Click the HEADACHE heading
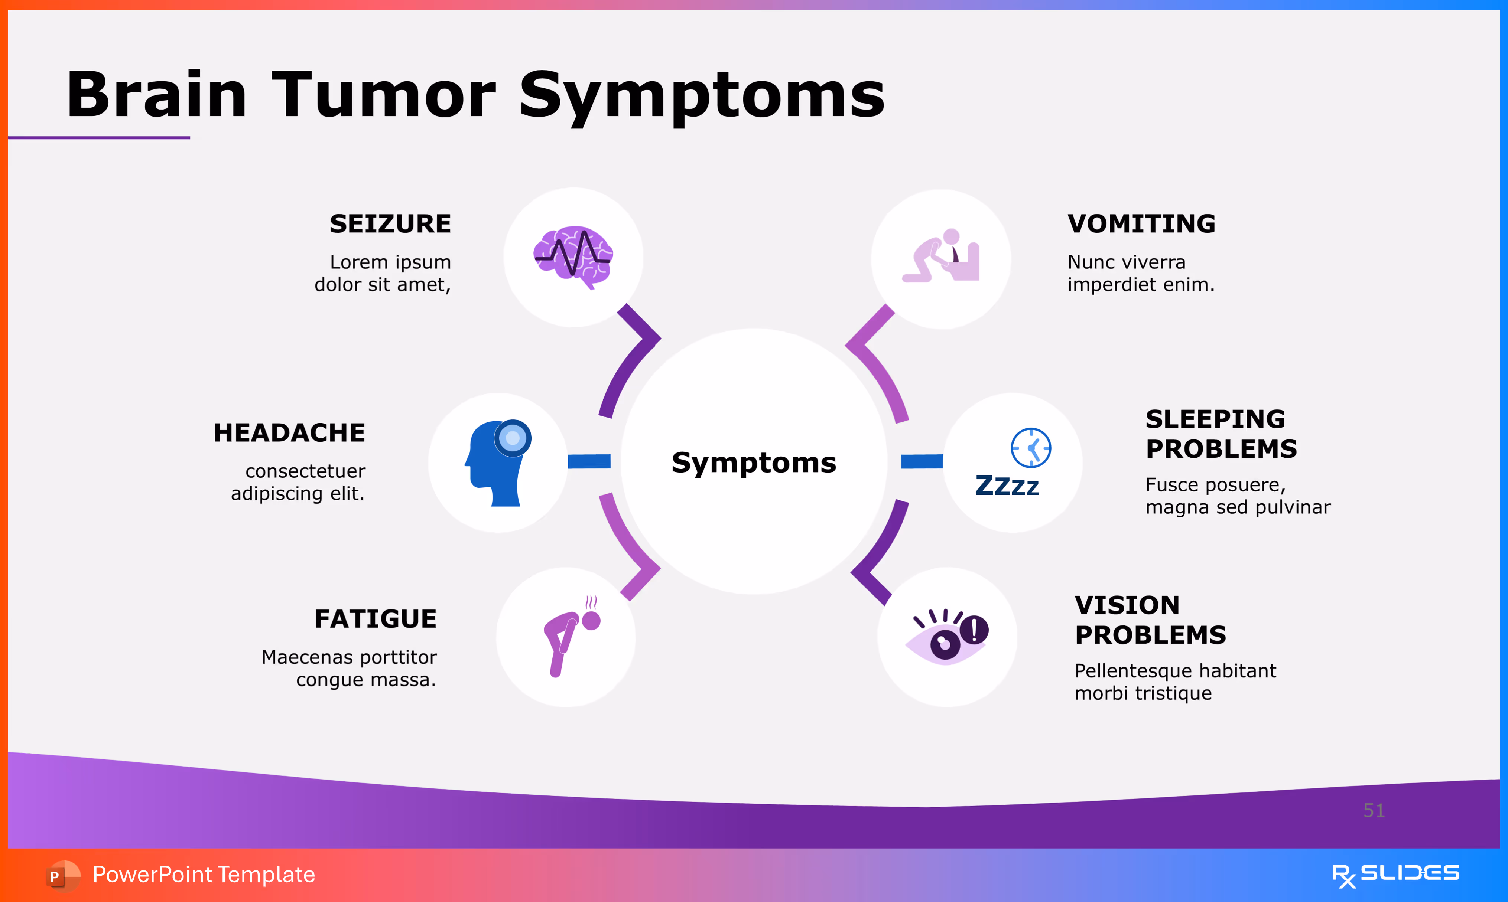tap(289, 433)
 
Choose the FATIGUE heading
tap(375, 619)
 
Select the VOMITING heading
tap(1141, 224)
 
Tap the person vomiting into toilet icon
tap(941, 256)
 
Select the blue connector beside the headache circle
tap(589, 461)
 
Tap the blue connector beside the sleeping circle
tap(921, 461)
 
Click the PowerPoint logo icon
tap(62, 875)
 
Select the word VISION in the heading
tap(1127, 605)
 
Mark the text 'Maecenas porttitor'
tap(349, 657)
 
